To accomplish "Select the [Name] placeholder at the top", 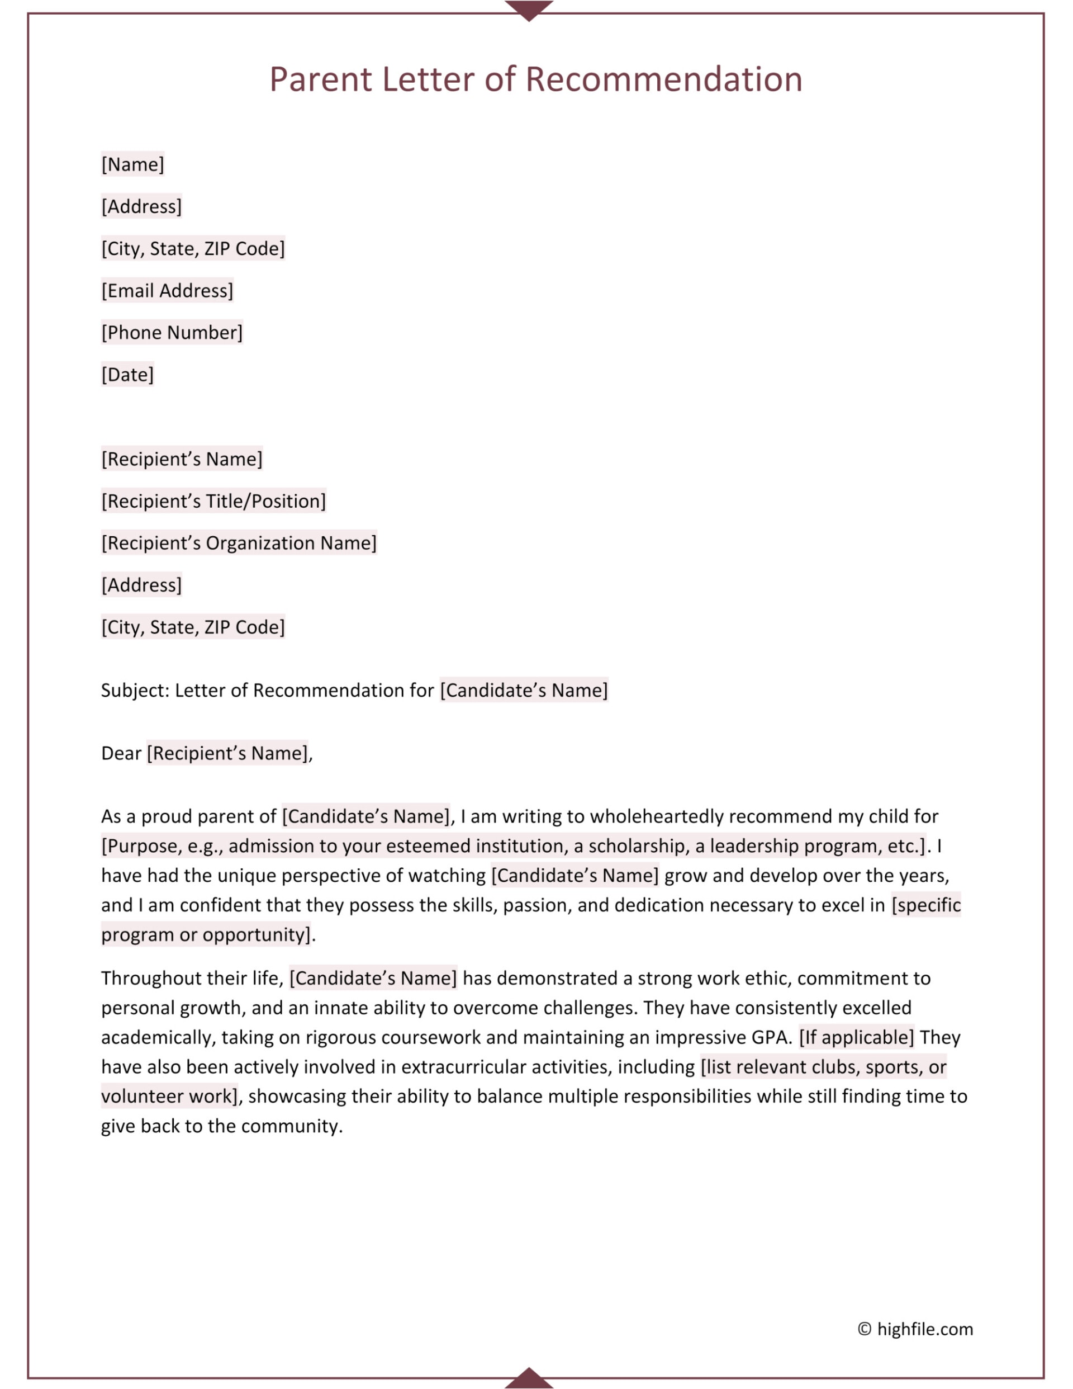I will coord(133,164).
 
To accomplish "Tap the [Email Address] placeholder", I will coord(167,291).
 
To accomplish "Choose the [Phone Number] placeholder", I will coord(172,333).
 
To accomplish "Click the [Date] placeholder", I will coord(127,375).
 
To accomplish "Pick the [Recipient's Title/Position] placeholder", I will coord(213,501).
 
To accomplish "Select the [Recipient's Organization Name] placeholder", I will coord(239,543).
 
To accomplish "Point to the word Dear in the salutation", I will coord(121,754).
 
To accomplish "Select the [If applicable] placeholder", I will coord(856,1037).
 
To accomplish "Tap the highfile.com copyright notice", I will coord(915,1329).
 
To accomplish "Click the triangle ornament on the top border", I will coord(529,10).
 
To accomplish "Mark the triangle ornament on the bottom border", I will coord(529,1379).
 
